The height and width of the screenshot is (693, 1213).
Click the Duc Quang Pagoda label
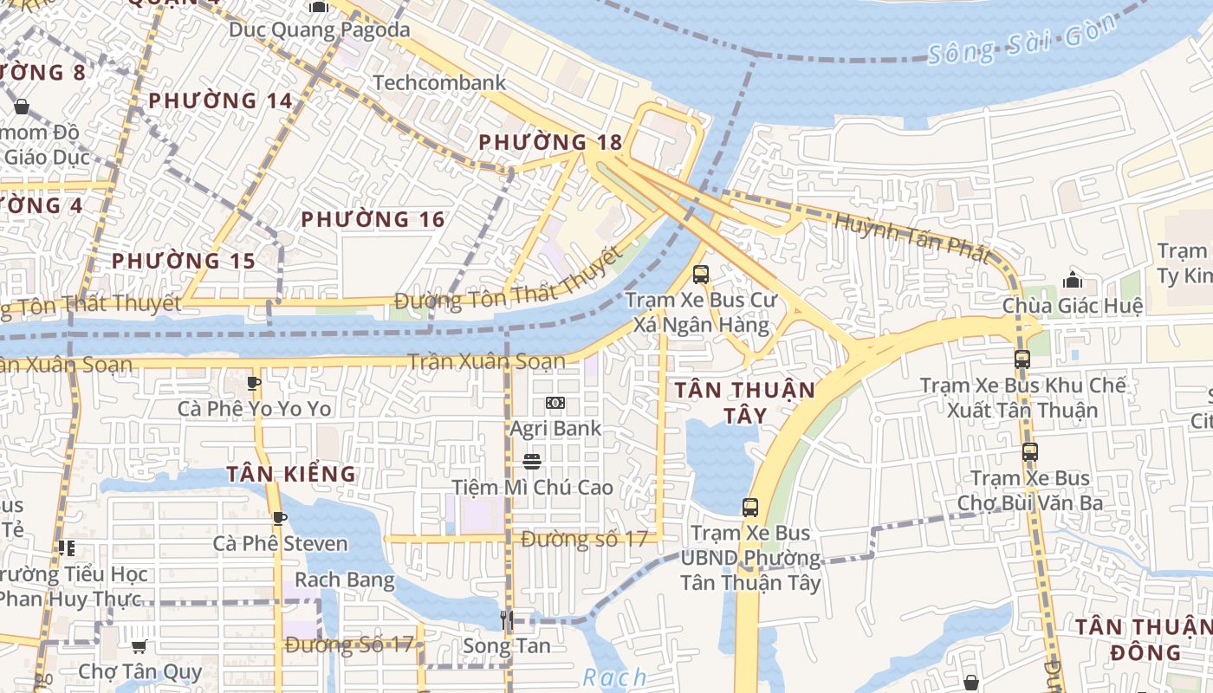(x=319, y=30)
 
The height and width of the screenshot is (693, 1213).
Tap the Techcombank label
(x=439, y=83)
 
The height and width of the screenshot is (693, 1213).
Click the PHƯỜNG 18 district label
(x=550, y=142)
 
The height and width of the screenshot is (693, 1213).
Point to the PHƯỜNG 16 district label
(x=373, y=220)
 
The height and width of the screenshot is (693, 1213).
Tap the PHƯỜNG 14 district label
(x=221, y=101)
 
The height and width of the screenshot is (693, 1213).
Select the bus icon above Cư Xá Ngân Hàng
(x=701, y=275)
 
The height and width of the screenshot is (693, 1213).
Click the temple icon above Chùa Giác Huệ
(x=1073, y=280)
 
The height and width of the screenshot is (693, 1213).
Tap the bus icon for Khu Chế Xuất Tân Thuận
(x=1022, y=359)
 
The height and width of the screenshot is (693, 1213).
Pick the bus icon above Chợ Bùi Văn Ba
(x=1029, y=451)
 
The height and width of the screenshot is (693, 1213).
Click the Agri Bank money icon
(x=555, y=403)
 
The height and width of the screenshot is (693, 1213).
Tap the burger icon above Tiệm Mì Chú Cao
(x=532, y=462)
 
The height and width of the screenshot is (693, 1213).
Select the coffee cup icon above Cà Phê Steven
(x=280, y=518)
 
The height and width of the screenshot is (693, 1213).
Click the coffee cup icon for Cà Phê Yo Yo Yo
(x=254, y=382)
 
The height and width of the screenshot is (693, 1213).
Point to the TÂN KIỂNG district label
(x=291, y=475)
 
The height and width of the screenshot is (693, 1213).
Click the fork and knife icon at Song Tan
(x=507, y=619)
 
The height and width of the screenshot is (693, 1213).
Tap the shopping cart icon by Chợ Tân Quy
(x=139, y=646)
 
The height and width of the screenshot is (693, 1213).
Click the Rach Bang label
(x=345, y=580)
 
